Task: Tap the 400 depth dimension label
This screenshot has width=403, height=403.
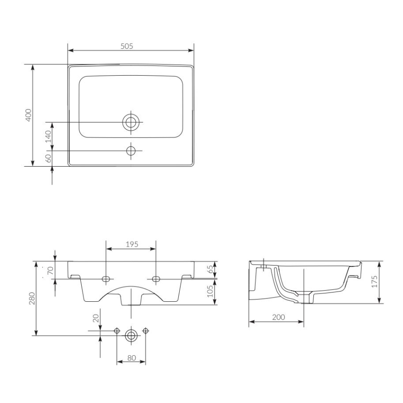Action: click(x=28, y=115)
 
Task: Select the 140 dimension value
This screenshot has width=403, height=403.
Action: click(x=48, y=136)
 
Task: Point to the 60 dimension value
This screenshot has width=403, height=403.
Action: click(x=48, y=158)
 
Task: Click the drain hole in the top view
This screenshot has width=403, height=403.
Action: click(x=131, y=122)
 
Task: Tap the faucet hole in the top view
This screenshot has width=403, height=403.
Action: click(x=131, y=150)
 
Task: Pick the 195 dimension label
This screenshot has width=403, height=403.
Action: click(x=131, y=244)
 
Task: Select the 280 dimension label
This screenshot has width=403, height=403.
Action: click(x=31, y=298)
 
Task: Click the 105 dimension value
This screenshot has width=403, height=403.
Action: click(x=210, y=292)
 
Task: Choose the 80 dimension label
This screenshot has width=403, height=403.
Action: click(x=131, y=358)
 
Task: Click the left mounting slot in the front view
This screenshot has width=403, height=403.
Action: click(x=106, y=279)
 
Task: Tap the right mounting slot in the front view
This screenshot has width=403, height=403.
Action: click(x=156, y=279)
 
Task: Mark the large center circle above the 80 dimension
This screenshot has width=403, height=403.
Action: click(x=131, y=335)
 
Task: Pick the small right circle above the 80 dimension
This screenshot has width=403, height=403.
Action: click(x=146, y=331)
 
